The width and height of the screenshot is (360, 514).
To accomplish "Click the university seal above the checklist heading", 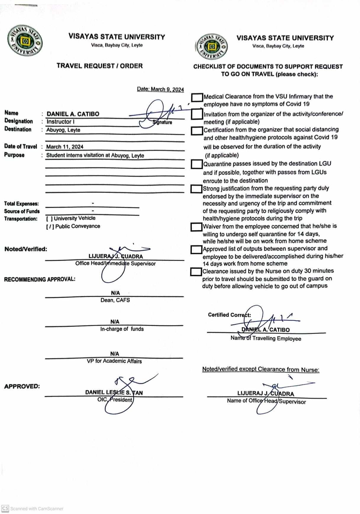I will (211, 47).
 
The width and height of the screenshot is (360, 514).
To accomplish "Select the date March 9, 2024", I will (160, 89).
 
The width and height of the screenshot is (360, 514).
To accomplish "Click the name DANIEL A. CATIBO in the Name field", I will (73, 114).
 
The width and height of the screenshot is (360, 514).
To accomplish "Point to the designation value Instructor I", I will (60, 122).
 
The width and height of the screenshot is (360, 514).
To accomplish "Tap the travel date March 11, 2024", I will (65, 147).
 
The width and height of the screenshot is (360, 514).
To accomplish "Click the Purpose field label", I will (14, 155).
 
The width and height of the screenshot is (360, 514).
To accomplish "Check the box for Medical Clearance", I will (197, 97).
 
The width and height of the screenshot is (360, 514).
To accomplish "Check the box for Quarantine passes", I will (196, 164).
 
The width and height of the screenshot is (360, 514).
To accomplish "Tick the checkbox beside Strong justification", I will (196, 189).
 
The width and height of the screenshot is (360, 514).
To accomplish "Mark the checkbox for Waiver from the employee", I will (196, 227).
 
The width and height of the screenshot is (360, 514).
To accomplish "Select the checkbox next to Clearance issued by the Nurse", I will (196, 272).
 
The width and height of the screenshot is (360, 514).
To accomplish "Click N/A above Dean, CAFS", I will (115, 293).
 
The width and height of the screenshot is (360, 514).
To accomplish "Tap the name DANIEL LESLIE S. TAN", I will (114, 392).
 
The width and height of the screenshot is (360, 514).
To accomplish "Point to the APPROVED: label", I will (22, 386).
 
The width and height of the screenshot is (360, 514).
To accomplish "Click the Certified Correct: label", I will (229, 315).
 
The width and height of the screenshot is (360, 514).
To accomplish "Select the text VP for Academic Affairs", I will (114, 361).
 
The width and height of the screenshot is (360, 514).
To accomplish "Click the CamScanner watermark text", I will (37, 509).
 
